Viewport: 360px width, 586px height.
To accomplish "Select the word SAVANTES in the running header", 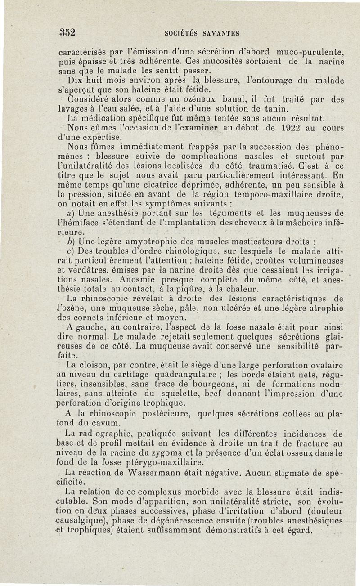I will click(x=220, y=33).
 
